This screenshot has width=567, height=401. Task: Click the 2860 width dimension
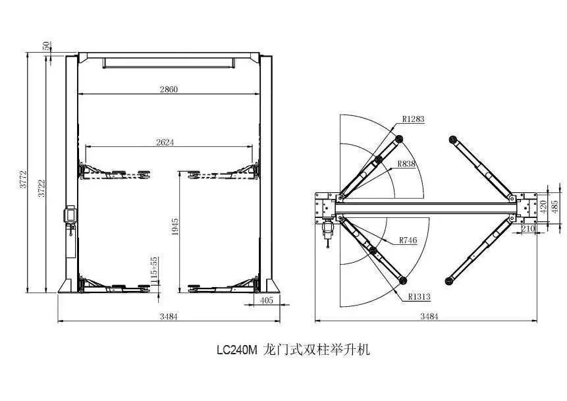coord(169,89)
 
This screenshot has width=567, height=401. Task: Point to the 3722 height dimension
coord(41,187)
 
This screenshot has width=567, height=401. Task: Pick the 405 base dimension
coord(267,300)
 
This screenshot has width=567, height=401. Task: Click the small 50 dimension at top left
coord(46,45)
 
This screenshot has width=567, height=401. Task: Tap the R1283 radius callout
coord(414,119)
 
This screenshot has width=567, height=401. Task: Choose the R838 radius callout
coord(406,164)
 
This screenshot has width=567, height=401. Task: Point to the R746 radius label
coord(408,240)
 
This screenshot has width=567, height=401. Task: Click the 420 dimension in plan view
coord(543,206)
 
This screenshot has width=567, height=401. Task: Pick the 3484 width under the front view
coord(169,317)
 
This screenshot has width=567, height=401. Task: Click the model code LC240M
coord(236,350)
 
